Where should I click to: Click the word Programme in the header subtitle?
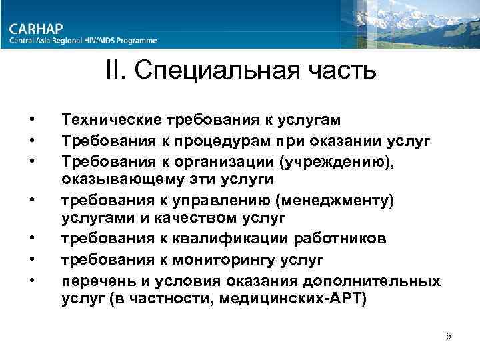pyautogui.click(x=136, y=41)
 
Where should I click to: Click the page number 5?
pyautogui.click(x=449, y=336)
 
